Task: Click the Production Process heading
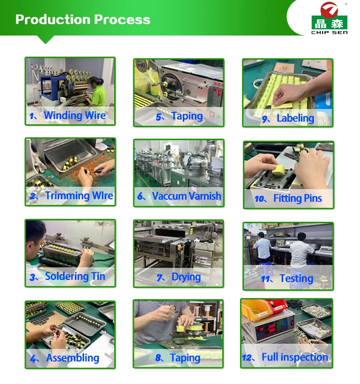83,19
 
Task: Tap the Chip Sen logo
329,18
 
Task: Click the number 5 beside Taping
159,117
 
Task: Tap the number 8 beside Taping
159,358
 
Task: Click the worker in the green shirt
97,93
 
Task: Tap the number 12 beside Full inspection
247,358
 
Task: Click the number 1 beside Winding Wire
32,116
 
